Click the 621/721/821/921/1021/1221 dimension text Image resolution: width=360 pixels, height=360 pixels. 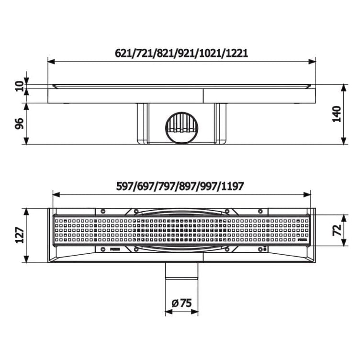pyautogui.click(x=181, y=54)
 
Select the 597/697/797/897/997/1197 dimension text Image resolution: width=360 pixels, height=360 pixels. pyautogui.click(x=180, y=186)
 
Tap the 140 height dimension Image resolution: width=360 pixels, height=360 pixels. pyautogui.click(x=337, y=114)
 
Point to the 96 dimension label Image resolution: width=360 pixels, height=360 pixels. pyautogui.click(x=20, y=124)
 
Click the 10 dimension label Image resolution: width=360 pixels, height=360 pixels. pyautogui.click(x=20, y=86)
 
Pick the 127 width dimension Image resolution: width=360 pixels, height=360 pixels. pyautogui.click(x=20, y=235)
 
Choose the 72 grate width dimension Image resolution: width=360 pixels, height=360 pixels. pyautogui.click(x=337, y=230)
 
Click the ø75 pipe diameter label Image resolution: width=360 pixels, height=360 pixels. pyautogui.click(x=181, y=303)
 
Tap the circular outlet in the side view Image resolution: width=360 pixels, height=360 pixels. pyautogui.click(x=181, y=128)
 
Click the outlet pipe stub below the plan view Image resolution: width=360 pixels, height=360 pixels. pyautogui.click(x=181, y=271)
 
